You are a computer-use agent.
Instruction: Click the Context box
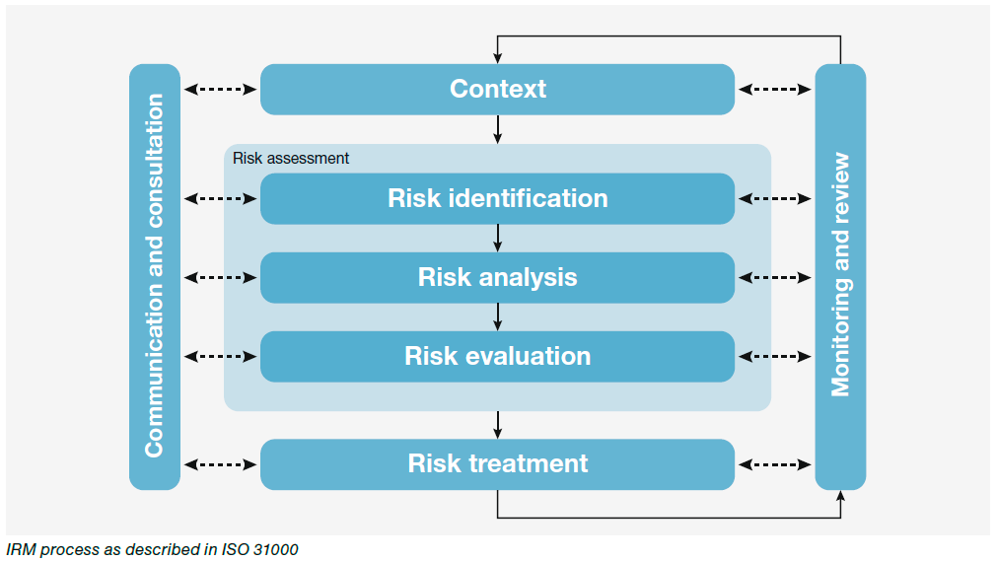497,89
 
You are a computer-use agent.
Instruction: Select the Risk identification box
497,198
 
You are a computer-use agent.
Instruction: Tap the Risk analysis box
497,277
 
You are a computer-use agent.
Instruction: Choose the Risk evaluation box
497,356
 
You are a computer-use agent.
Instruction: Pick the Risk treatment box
497,463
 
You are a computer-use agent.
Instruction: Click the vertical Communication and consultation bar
155,276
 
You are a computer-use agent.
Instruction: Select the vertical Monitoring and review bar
840,276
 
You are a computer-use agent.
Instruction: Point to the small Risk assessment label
291,158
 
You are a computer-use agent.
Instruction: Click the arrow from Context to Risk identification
498,129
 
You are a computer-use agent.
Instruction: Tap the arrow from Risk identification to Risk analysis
498,238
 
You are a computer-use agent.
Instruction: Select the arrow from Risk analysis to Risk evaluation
498,316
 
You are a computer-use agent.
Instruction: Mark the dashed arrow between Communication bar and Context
220,89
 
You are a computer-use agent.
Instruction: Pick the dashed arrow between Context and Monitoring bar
775,89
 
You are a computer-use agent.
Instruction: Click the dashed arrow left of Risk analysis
220,277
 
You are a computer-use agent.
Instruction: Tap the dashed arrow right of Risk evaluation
775,356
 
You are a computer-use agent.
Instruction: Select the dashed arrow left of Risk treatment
220,463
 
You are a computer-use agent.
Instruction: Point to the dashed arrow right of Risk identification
775,198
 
